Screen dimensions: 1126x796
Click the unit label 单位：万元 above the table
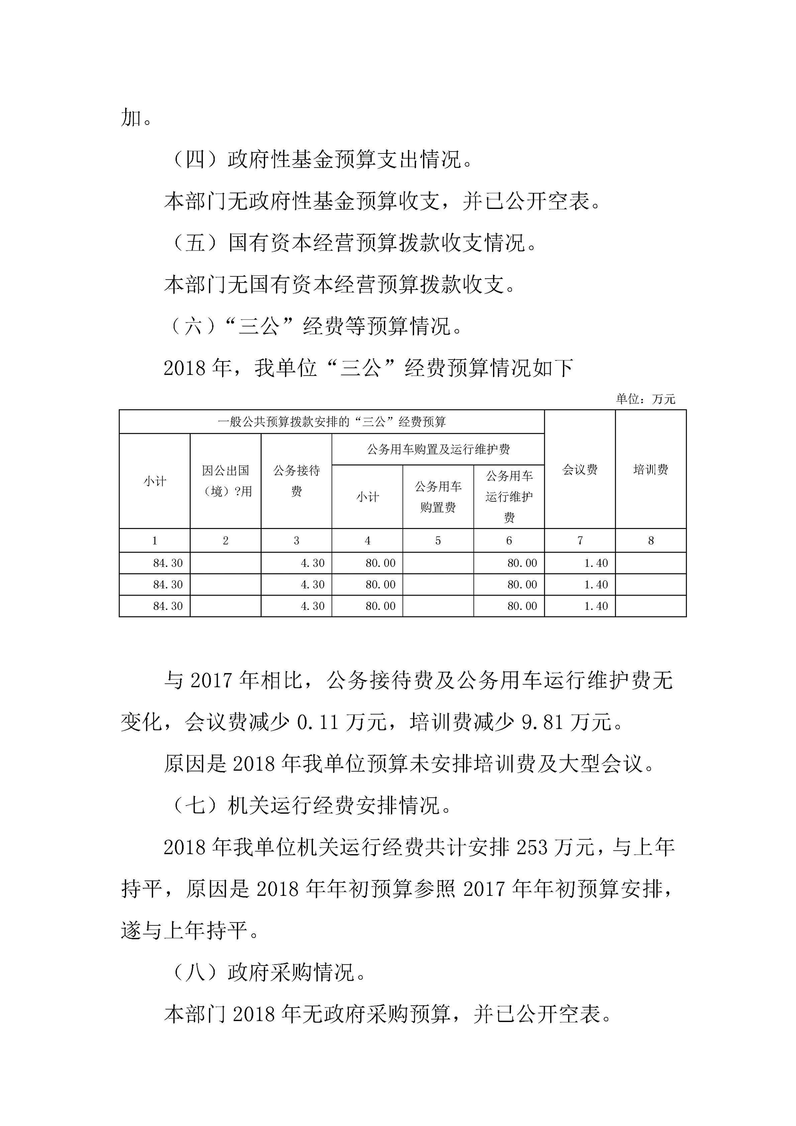point(645,399)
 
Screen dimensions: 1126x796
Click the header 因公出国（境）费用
point(226,481)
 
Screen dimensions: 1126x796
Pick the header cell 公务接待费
point(296,481)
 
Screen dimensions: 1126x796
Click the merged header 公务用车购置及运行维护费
point(438,449)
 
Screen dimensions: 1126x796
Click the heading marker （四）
point(195,160)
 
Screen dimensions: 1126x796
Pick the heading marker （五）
point(195,243)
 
